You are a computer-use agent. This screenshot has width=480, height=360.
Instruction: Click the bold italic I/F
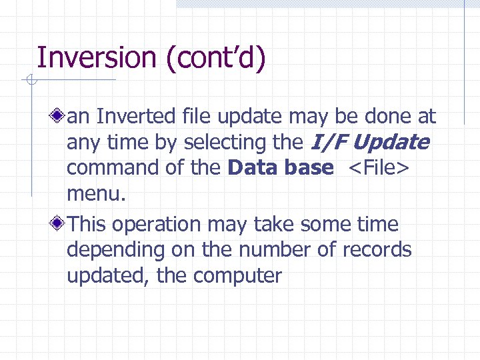pos(327,142)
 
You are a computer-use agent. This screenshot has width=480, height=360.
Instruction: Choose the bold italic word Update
pos(391,142)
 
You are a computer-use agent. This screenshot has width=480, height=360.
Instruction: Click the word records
pos(377,250)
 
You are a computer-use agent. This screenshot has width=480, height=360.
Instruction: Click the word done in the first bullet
pos(389,117)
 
